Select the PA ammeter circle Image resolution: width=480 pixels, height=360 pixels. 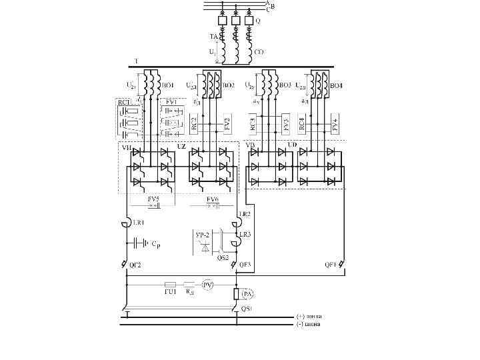point(247,294)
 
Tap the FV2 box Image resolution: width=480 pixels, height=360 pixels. point(227,124)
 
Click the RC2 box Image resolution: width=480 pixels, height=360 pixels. point(194,124)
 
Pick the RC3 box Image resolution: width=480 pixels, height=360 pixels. point(253,124)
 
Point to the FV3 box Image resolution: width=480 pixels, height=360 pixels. point(285,124)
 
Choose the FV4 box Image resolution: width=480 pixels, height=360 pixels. point(335,124)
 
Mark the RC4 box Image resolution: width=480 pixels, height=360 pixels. point(303,124)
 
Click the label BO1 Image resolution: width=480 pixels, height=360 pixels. point(169,85)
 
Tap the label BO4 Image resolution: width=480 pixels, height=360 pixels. point(336,85)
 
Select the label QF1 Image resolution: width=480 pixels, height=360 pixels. point(331,265)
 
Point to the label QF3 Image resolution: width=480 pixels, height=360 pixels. point(244,265)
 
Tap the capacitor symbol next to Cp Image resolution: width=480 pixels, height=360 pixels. point(140,243)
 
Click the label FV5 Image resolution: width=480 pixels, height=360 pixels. point(153,199)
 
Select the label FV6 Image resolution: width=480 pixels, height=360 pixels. point(212,199)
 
